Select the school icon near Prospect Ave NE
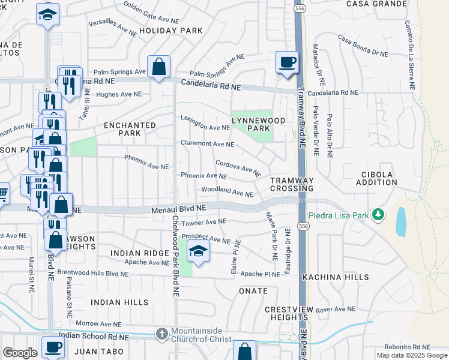coord(197,251)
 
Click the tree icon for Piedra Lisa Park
coord(378,214)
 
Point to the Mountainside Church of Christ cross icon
coord(161,333)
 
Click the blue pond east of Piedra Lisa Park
coord(400,221)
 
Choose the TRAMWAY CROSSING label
coord(291,184)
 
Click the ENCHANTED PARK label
coord(130,130)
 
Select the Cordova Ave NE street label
coord(238,167)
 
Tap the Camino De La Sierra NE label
coord(409,55)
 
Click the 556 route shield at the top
coord(298,8)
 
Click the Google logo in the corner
coord(20,353)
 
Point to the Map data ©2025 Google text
coord(412,355)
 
